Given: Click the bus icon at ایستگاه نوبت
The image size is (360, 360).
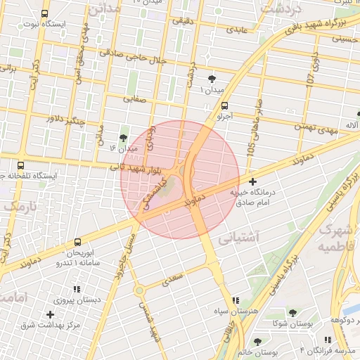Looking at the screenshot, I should [46, 13].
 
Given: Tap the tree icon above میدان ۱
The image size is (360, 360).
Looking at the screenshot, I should [213, 78].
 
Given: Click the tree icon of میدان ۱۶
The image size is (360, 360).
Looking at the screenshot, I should [124, 137].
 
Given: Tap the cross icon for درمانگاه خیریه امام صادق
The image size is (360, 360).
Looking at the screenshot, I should [252, 181].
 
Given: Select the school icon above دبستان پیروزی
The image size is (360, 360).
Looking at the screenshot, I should [77, 288].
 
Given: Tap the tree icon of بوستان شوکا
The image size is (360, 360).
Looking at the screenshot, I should [292, 312].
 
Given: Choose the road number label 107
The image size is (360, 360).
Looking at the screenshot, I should [311, 78].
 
